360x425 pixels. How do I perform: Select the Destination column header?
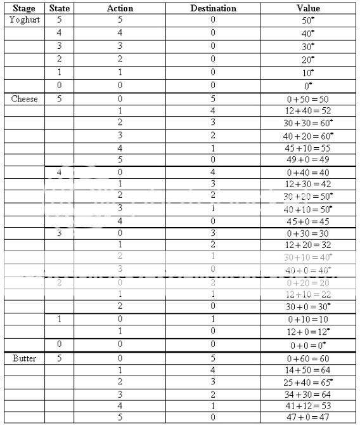coord(213,9)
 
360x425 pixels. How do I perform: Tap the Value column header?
coord(309,9)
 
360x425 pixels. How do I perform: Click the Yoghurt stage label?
coord(25,20)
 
